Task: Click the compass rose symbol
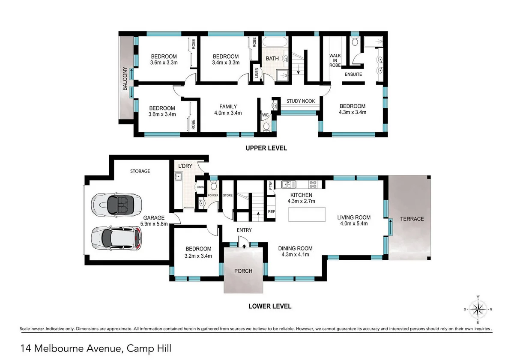coord(478,309)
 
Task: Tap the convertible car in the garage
coord(117,204)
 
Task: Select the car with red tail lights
coord(117,238)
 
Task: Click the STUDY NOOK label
coord(301,101)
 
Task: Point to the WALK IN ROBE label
coord(335,60)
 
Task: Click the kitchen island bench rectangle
coord(307,214)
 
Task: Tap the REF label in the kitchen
coord(272,211)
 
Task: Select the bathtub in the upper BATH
coord(275,42)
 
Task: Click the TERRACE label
coord(412,219)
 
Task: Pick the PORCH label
coord(243,271)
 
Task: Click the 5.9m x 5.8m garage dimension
coord(154,224)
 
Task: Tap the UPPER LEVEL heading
coord(266,148)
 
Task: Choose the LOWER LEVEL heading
coord(270,306)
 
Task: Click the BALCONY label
coord(125,78)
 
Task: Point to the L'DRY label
coord(185,166)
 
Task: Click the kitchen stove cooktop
coord(313,184)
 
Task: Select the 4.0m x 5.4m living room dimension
coord(354,223)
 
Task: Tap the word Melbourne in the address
coord(59,348)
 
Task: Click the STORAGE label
coord(140,171)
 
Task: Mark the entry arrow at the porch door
coord(244,246)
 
